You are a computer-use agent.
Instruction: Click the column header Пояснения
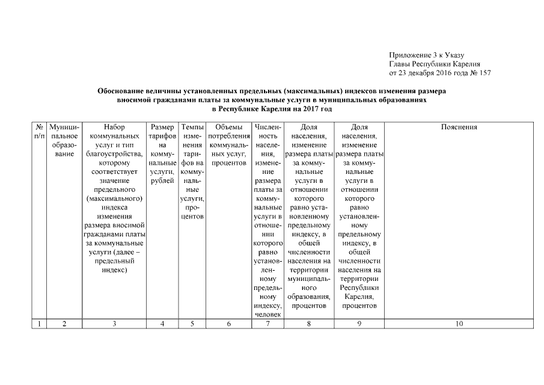pyautogui.click(x=459, y=127)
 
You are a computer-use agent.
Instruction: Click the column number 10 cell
pyautogui.click(x=459, y=324)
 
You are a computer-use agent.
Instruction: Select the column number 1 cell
pyautogui.click(x=39, y=324)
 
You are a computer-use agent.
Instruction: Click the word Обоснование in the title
pyautogui.click(x=122, y=91)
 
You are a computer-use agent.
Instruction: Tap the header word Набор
pyautogui.click(x=114, y=127)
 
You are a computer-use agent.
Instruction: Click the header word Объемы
pyautogui.click(x=228, y=127)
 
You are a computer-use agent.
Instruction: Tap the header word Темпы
pyautogui.click(x=192, y=127)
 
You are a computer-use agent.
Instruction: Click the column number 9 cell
pyautogui.click(x=359, y=324)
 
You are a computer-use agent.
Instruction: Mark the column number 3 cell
pyautogui.click(x=114, y=324)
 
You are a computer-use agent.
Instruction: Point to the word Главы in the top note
pyautogui.click(x=400, y=64)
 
